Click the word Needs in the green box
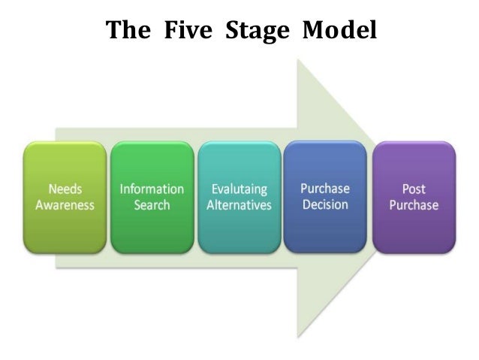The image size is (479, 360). click(66, 189)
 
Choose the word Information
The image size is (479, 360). click(152, 189)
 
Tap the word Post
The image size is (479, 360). click(414, 189)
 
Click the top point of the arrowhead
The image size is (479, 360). click(300, 61)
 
